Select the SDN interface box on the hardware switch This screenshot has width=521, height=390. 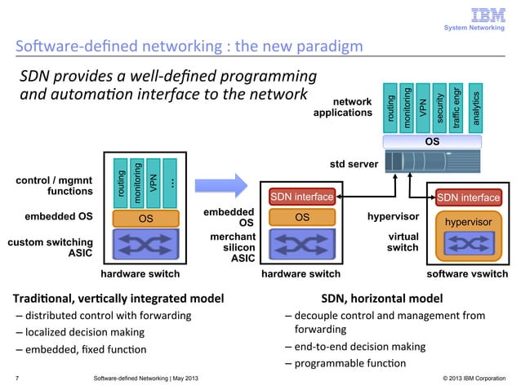(302, 197)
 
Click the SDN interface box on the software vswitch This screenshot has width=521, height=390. (469, 197)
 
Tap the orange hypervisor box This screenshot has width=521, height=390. (469, 221)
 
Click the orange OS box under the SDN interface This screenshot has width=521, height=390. (302, 217)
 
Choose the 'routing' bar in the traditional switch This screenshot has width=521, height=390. (121, 182)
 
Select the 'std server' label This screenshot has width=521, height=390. (353, 164)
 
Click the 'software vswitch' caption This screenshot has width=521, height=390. (468, 275)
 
